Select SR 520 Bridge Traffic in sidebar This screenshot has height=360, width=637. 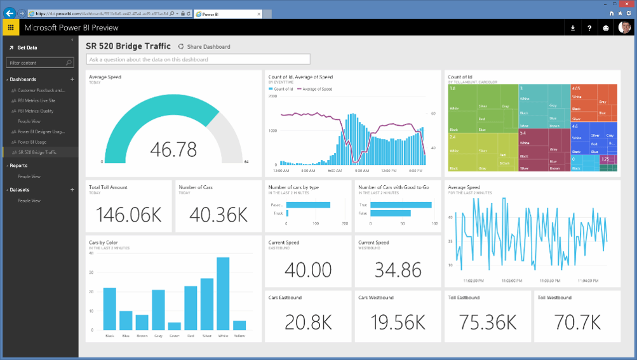click(37, 152)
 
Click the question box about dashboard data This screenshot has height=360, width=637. click(198, 60)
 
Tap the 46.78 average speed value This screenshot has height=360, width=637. click(173, 149)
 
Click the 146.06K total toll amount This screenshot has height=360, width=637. click(129, 215)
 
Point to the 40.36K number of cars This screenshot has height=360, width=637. click(218, 215)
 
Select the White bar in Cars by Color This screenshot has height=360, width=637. click(223, 293)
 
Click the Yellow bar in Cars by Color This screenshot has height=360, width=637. click(239, 325)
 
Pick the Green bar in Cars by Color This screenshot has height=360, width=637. click(174, 326)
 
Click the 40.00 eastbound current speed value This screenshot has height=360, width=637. click(308, 269)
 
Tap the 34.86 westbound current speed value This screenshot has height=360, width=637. click(398, 269)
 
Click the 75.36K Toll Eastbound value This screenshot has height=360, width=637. click(488, 323)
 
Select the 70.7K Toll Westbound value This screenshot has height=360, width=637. click(577, 323)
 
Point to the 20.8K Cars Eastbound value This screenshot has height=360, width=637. click(308, 323)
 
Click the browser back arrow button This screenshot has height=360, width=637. click(10, 13)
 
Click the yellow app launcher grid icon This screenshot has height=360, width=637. click(10, 28)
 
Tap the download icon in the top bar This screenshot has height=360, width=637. click(573, 28)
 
